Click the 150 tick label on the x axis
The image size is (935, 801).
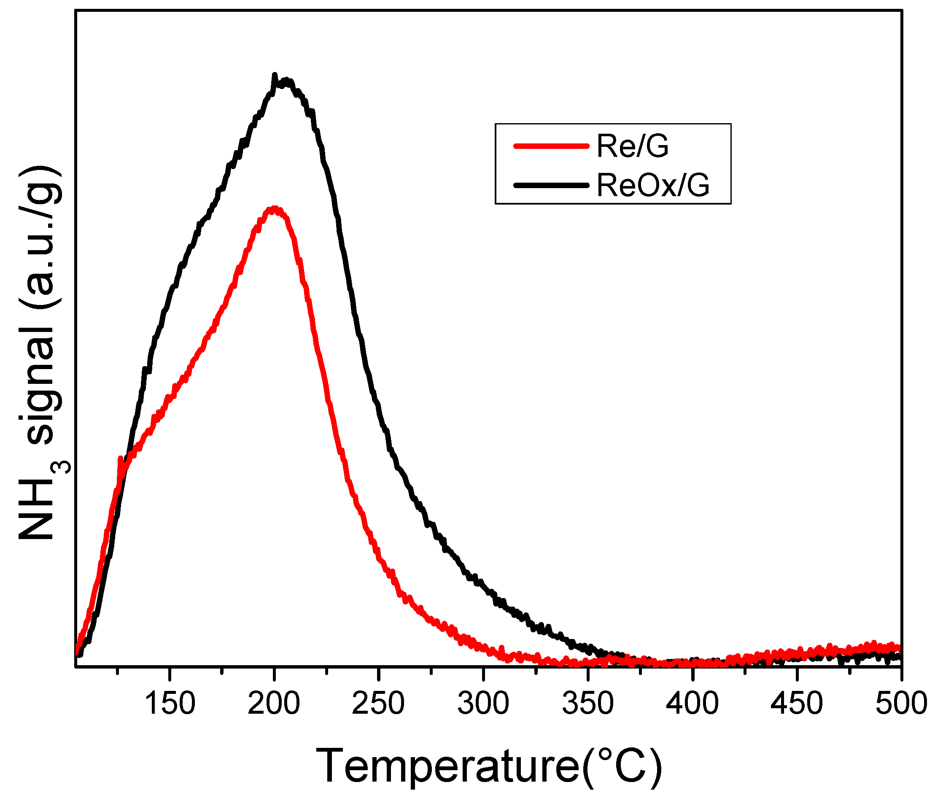[170, 703]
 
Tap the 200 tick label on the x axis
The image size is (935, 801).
[274, 703]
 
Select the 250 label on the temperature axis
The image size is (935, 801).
[378, 703]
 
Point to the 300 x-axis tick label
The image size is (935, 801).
[483, 703]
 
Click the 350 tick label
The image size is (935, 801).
[587, 703]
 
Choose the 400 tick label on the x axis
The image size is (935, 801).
[692, 703]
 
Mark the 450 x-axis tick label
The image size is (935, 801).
[797, 703]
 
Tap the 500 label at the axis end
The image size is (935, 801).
[901, 703]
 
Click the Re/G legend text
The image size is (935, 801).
[632, 146]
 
